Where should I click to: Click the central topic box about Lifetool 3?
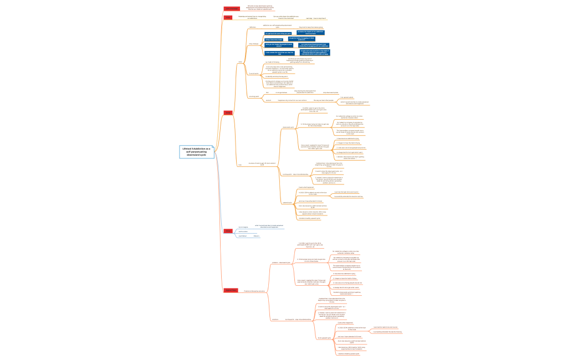click(x=196, y=152)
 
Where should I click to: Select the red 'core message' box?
click(x=232, y=9)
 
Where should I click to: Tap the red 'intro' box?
click(x=228, y=18)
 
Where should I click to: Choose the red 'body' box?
click(x=228, y=113)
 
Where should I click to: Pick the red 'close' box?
click(x=228, y=230)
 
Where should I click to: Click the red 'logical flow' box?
click(x=231, y=290)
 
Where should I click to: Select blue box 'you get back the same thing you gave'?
click(x=277, y=34)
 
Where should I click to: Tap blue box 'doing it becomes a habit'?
click(x=274, y=39)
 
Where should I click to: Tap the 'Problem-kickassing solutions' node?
click(x=254, y=291)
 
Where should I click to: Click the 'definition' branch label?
click(x=252, y=27)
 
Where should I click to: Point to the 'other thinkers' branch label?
click(x=254, y=44)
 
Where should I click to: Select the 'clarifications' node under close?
click(x=243, y=232)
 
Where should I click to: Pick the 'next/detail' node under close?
click(x=242, y=236)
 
